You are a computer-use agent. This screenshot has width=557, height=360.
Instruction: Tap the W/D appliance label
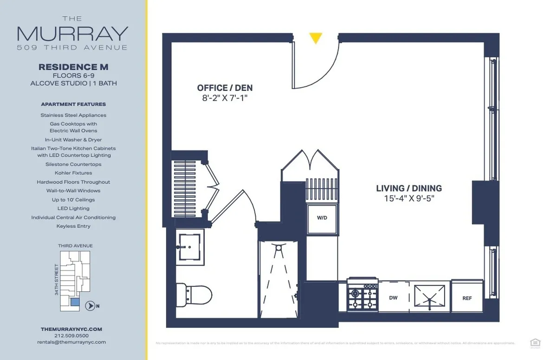tap(322, 218)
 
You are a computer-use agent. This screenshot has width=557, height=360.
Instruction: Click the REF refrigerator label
tap(467, 298)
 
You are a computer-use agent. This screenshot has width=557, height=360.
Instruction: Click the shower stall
tap(278, 278)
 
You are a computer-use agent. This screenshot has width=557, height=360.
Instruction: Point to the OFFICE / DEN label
tap(225, 88)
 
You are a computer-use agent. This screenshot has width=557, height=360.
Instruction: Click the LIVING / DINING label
tap(409, 188)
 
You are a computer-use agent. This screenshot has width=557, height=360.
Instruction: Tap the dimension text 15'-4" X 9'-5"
tap(409, 199)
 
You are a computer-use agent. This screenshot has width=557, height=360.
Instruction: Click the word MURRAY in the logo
tap(72, 33)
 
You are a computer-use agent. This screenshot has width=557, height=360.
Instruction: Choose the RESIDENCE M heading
tap(73, 67)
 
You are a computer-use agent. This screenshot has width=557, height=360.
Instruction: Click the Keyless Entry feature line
tap(73, 226)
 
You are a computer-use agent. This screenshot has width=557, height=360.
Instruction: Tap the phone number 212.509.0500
tap(71, 335)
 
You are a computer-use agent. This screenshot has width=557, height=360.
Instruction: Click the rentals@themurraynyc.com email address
tap(71, 342)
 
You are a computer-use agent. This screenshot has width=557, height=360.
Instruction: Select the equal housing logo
tap(535, 342)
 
